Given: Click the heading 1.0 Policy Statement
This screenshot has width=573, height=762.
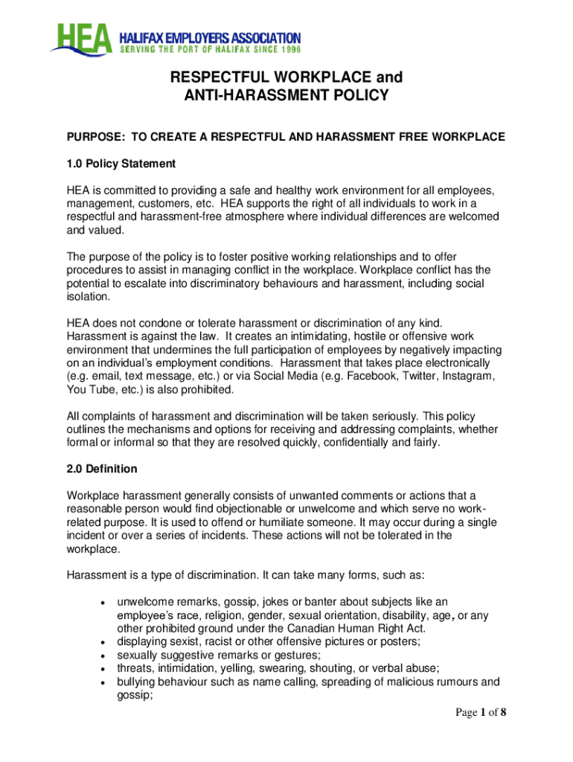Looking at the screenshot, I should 121,163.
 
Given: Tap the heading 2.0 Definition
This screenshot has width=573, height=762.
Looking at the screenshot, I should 102,470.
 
